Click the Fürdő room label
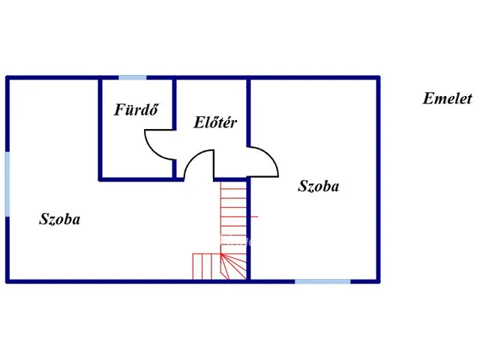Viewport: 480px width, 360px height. click(136, 109)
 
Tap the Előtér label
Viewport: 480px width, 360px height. click(215, 122)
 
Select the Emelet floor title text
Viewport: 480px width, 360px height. click(447, 98)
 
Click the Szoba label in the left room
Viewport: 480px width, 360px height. click(60, 219)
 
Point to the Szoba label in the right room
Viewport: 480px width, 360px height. click(318, 186)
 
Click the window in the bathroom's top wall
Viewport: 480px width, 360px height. click(133, 78)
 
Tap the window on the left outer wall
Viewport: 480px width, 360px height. click(7, 184)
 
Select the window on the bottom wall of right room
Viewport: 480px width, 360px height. click(322, 281)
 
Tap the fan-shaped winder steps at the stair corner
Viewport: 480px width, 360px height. click(233, 266)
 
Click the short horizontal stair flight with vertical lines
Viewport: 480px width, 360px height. click(206, 266)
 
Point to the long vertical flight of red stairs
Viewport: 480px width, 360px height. click(233, 217)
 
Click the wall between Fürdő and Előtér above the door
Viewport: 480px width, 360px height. click(174, 104)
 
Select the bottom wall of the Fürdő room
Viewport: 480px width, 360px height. click(136, 179)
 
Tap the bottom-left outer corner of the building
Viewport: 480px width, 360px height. click(6, 282)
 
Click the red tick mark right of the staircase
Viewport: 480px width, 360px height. click(254, 217)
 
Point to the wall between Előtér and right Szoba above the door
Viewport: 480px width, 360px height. click(248, 112)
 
